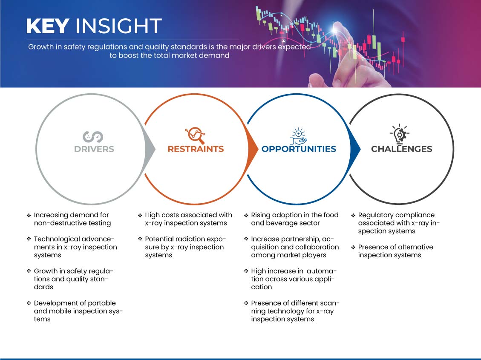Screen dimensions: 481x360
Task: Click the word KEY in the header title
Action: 48,26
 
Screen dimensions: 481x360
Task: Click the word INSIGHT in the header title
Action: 118,26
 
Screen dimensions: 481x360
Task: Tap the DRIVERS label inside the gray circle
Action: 94,149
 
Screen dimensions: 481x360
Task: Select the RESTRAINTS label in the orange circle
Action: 196,149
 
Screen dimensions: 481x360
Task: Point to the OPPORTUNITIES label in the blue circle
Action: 299,149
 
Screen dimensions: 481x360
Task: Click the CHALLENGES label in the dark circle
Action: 402,149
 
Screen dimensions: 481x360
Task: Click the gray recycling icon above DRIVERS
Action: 92,137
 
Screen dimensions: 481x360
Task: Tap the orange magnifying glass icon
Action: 195,135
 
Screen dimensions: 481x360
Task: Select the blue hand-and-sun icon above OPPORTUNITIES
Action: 298,136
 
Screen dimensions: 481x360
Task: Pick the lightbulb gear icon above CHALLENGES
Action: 399,134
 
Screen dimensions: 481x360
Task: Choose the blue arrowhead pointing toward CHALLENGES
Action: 355,149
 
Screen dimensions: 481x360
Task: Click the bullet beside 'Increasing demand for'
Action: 29,215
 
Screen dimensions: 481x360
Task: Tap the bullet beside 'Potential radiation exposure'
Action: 140,239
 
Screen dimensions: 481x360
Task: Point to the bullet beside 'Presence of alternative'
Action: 353,247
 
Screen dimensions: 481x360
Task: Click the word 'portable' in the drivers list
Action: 102,303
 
